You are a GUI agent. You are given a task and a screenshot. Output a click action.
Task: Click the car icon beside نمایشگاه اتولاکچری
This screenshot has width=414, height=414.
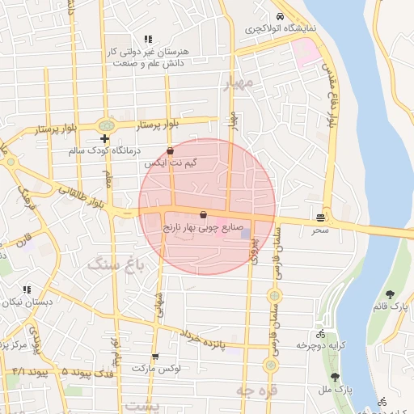(x=280, y=17)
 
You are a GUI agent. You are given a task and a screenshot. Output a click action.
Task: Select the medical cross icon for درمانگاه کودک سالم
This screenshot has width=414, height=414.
(x=104, y=139)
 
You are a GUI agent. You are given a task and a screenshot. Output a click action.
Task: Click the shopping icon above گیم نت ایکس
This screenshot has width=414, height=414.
(x=170, y=150)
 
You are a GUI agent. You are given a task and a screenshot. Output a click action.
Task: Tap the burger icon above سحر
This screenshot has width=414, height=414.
(x=321, y=218)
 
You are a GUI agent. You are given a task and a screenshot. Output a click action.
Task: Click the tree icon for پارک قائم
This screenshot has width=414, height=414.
(x=391, y=294)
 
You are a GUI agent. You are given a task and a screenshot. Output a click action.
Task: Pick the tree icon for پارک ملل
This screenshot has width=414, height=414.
(x=336, y=377)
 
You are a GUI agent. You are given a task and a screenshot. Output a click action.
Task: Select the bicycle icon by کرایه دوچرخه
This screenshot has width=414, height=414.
(x=321, y=333)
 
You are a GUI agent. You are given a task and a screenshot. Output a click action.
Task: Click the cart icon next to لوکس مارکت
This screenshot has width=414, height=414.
(x=154, y=356)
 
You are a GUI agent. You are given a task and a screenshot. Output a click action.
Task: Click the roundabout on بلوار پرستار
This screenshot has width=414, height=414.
(x=105, y=126)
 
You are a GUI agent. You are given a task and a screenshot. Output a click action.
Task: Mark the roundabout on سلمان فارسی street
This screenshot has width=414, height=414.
(x=274, y=296)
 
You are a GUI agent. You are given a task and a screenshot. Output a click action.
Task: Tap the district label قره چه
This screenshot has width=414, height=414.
(x=256, y=391)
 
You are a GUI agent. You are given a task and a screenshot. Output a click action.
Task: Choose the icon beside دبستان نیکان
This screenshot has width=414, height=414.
(x=27, y=289)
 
